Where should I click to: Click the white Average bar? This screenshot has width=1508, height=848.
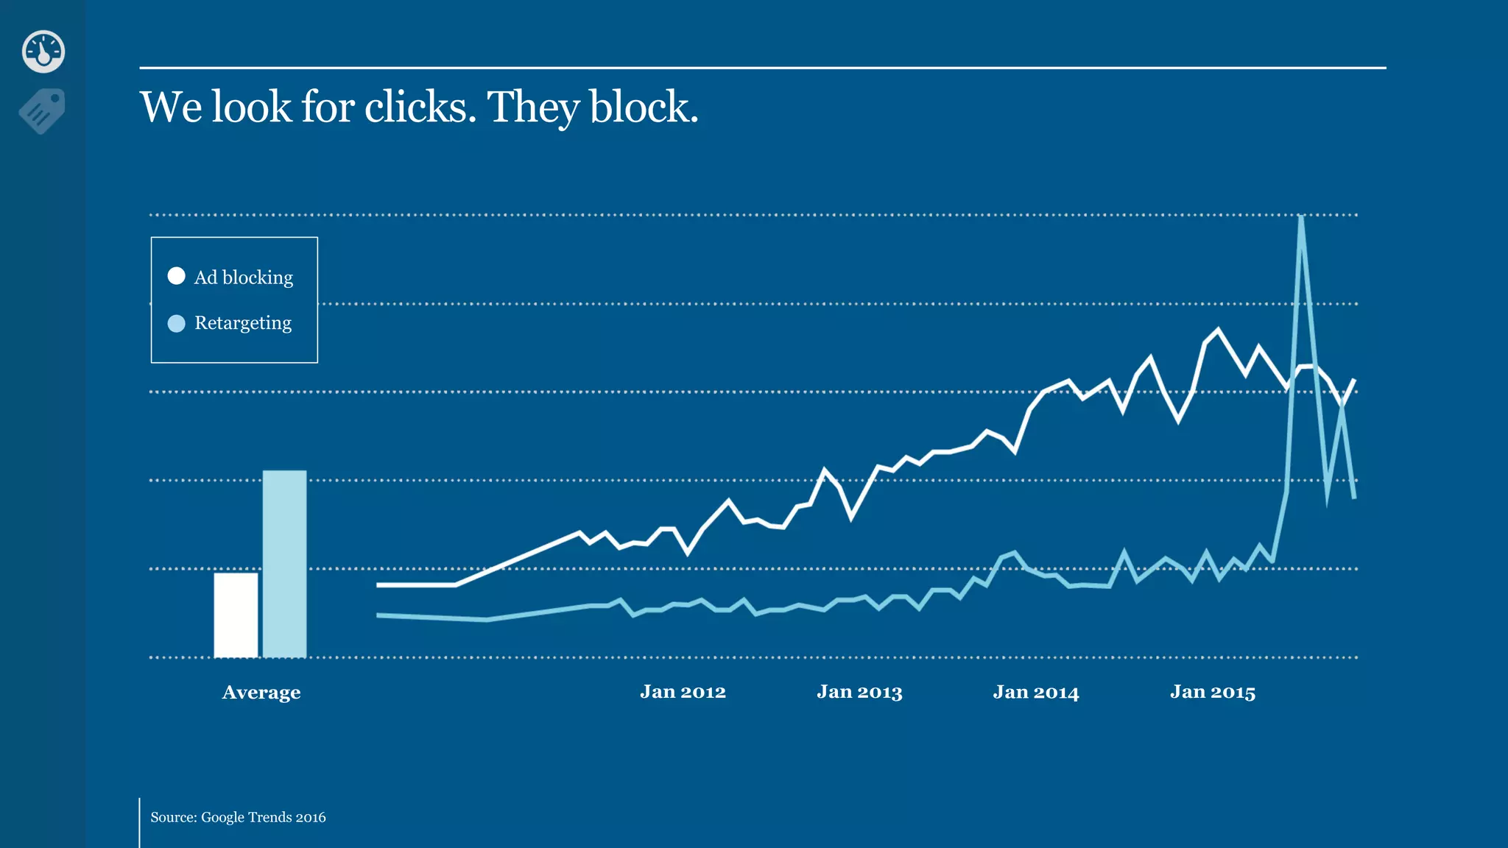236,615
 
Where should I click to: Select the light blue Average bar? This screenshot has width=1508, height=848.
284,564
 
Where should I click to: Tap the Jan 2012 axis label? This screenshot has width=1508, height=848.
683,692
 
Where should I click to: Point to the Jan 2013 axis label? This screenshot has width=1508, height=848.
859,692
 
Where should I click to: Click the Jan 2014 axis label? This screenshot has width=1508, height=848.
1035,692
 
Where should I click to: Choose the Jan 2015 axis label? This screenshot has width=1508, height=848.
1212,692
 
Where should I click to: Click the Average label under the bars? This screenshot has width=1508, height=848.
261,693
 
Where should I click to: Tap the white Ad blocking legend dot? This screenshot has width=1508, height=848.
176,276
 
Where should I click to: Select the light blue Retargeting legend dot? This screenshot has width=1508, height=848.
176,323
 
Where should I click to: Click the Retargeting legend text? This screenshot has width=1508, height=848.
242,323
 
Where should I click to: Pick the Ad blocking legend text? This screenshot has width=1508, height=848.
243,278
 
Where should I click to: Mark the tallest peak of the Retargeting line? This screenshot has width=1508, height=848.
1301,218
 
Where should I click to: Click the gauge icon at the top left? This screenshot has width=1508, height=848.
43,52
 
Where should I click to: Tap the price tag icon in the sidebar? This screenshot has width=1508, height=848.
43,111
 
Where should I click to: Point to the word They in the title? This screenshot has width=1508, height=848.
533,107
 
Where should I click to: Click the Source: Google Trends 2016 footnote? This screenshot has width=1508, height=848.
238,817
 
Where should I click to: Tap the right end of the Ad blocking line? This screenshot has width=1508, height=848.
1354,381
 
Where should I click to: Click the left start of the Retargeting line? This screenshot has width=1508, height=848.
378,615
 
